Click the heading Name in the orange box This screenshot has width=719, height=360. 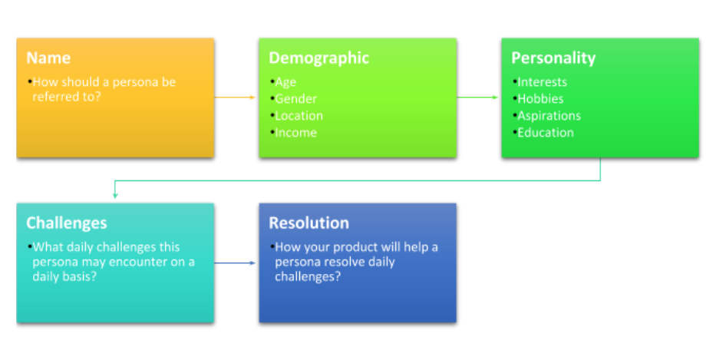(x=48, y=58)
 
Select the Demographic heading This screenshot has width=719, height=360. (x=318, y=58)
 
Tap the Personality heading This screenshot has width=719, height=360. (x=553, y=58)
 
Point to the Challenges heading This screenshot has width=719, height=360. (x=67, y=223)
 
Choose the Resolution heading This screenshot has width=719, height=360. (x=309, y=223)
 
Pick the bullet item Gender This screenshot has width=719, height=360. (x=295, y=99)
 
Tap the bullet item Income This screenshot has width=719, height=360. (x=295, y=133)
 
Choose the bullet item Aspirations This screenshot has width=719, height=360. (x=549, y=116)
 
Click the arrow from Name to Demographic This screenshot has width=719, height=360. (x=235, y=97)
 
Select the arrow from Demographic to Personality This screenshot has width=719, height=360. (x=477, y=97)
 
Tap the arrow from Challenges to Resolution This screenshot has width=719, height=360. (x=235, y=263)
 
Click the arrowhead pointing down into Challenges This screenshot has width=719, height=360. (x=115, y=196)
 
